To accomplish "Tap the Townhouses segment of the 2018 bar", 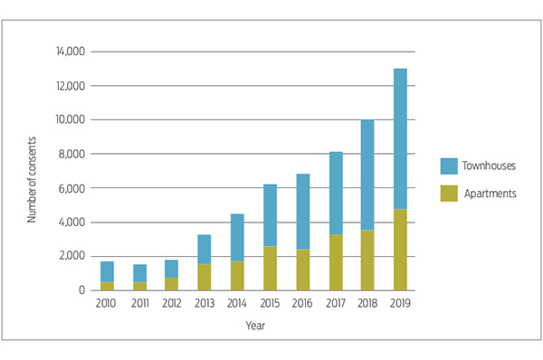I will tap(367, 175).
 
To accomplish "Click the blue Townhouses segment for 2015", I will tap(271, 214).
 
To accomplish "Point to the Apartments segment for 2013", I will tap(205, 277).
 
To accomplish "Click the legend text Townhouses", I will tap(487, 166).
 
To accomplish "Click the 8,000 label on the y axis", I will tap(72, 154).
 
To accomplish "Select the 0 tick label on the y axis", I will tap(81, 290).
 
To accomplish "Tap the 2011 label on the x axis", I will tap(140, 304).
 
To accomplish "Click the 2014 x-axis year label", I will tap(238, 304).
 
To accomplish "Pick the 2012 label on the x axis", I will tap(173, 304).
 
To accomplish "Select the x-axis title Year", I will tap(254, 325).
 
